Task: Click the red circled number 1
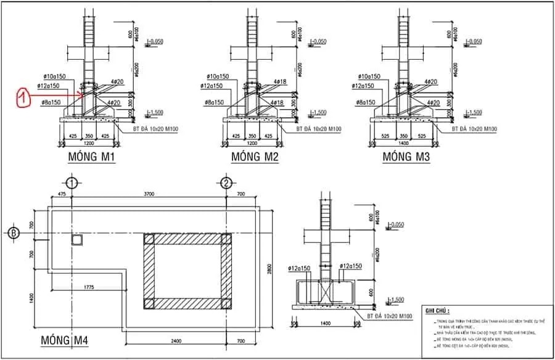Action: pos(22,96)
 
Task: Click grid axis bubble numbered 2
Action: pos(226,183)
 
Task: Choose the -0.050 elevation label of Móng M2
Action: pos(318,42)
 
